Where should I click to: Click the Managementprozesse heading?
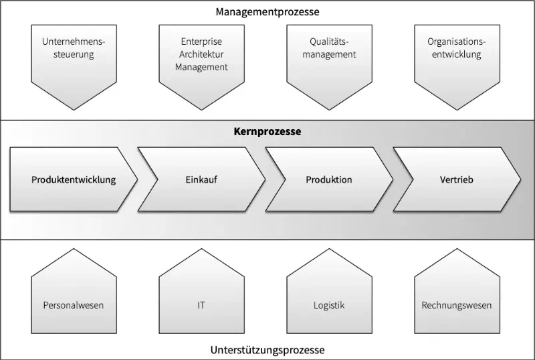coord(267,12)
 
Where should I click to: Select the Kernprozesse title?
coord(267,132)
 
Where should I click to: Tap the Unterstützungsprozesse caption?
coord(267,350)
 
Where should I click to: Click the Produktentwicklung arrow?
coord(74,179)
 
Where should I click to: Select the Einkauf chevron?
coord(202,179)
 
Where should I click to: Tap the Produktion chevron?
coord(329,179)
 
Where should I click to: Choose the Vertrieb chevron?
coord(457,179)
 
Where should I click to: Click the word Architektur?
coord(202,54)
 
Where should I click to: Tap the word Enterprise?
coord(202,41)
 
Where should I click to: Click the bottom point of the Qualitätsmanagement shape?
coord(329,110)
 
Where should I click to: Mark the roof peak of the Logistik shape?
coord(329,249)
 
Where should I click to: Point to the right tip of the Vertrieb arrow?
coord(521,179)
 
